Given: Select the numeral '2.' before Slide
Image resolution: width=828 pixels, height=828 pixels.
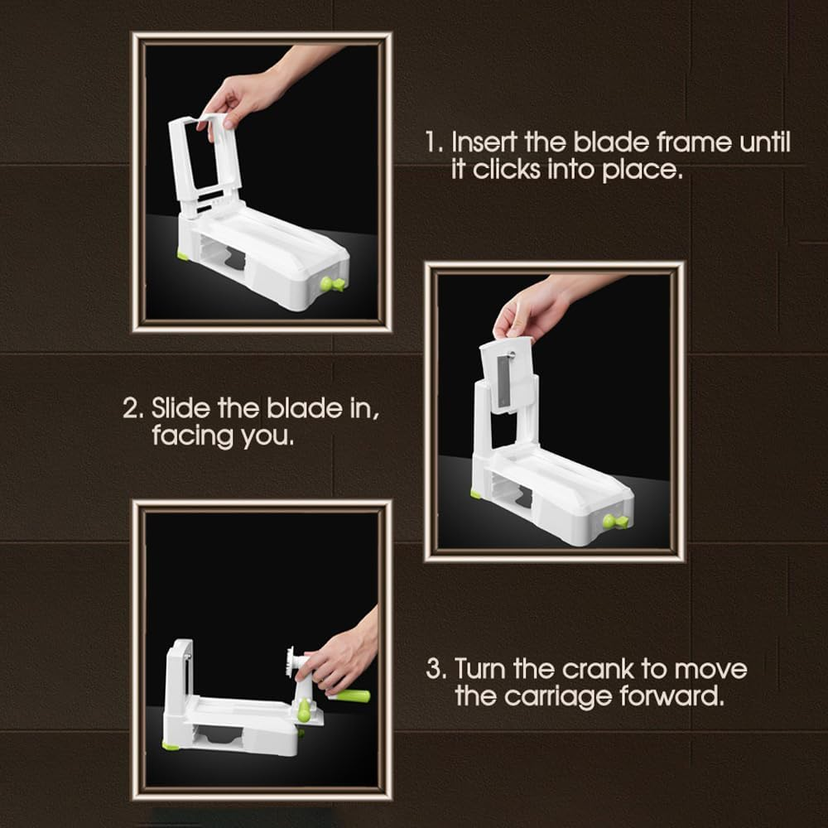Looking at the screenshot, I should tap(133, 408).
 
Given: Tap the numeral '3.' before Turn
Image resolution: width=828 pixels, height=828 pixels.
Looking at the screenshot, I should tap(436, 668).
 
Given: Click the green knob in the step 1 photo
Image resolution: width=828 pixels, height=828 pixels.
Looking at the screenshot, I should tap(333, 284).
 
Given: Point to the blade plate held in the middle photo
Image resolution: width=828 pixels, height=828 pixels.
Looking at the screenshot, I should tap(508, 373).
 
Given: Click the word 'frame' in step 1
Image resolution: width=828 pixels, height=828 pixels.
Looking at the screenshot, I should tap(691, 142).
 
